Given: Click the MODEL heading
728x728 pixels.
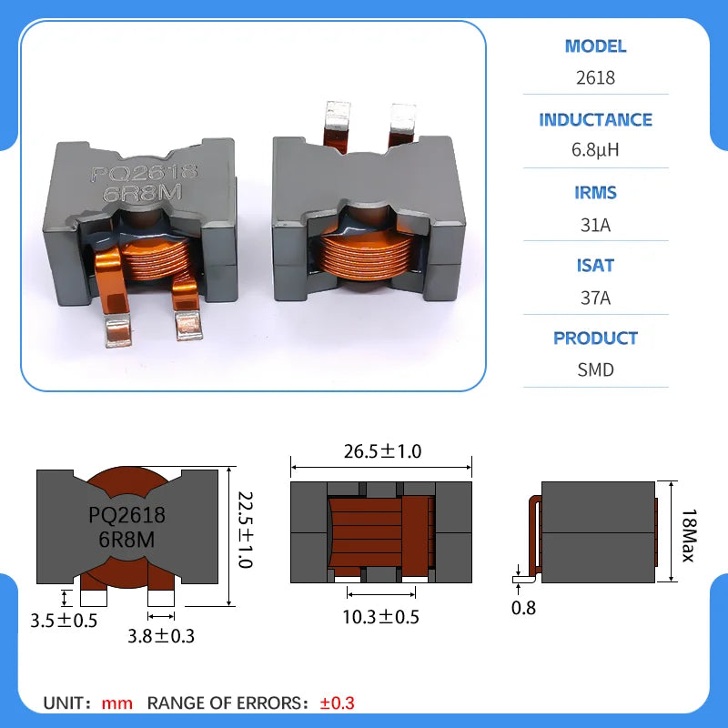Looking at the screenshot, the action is point(595,46).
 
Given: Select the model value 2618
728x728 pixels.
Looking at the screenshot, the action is point(595,77).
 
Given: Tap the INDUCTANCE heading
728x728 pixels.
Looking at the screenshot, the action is point(595,120).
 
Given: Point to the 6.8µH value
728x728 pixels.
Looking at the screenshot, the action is point(595,150).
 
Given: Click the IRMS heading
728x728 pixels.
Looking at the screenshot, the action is point(595,193).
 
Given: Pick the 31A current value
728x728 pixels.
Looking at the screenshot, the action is point(595,225).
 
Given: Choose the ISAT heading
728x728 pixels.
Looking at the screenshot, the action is point(595,266).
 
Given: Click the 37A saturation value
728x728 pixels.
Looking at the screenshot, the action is point(595,298).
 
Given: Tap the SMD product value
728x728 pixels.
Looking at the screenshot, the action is point(595,370).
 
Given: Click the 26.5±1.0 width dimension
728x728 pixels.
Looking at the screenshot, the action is point(382,451).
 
